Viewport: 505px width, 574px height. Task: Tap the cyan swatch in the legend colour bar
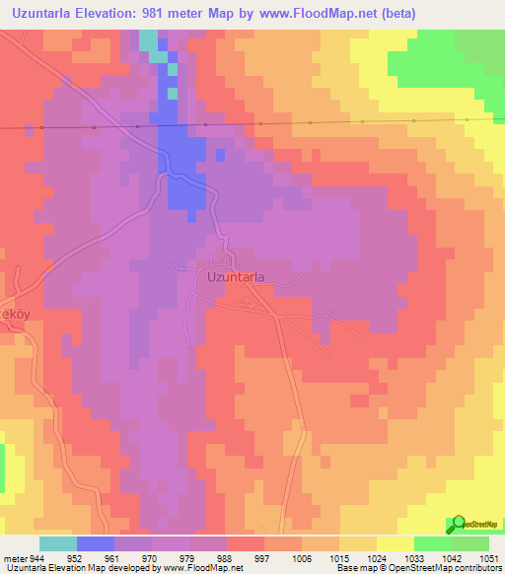[57, 543]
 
